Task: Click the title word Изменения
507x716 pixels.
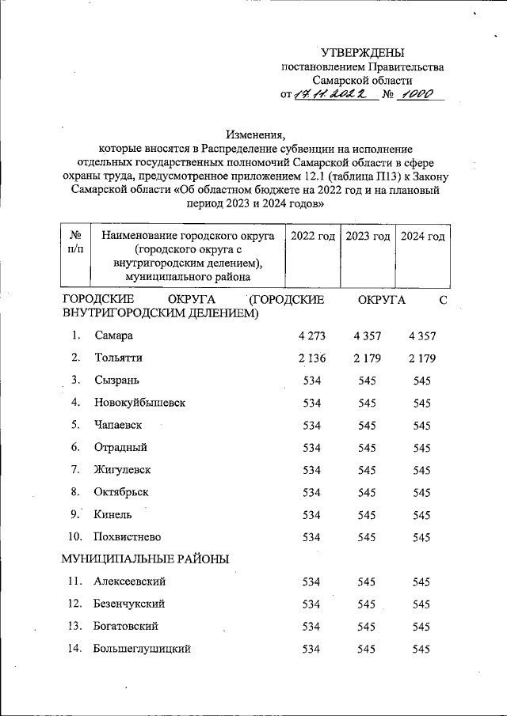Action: [254, 134]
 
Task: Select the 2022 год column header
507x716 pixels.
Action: [312, 237]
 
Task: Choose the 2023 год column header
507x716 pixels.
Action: [368, 237]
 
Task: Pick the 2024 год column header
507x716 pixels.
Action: [421, 237]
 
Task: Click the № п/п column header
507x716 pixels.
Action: [77, 243]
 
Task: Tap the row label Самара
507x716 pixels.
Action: [112, 335]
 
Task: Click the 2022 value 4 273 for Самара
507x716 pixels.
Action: [312, 335]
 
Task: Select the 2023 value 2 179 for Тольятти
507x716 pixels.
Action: [368, 358]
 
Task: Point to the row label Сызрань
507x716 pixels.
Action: [116, 380]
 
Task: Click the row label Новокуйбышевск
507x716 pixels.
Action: [139, 402]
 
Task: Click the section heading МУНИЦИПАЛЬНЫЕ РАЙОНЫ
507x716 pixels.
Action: [146, 559]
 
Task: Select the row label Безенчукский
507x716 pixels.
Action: [128, 604]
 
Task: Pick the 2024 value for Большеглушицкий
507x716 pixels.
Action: [421, 649]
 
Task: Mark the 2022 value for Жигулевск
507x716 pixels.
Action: [312, 469]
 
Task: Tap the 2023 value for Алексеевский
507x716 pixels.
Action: [368, 582]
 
